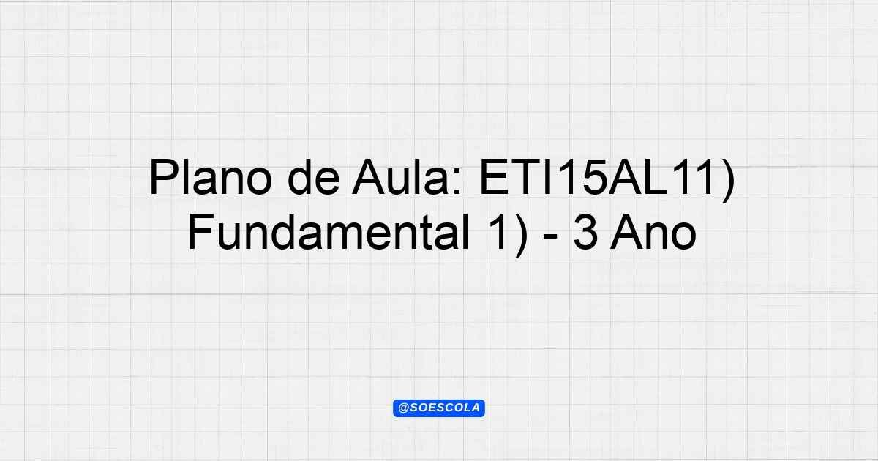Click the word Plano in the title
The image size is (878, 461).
211,177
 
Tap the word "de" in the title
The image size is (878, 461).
314,177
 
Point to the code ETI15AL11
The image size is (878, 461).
596,177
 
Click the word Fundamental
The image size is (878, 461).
329,232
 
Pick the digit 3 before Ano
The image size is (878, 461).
585,232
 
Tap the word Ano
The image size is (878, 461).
653,232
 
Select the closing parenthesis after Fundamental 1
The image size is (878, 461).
521,235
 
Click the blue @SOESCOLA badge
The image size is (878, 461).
439,408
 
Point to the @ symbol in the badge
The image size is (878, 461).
403,408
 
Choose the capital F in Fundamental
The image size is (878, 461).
201,232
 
